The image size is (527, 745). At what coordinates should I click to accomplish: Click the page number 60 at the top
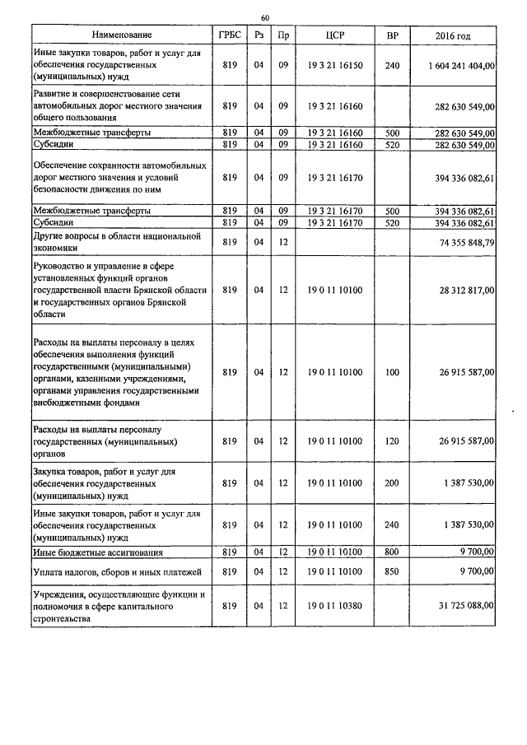(x=264, y=17)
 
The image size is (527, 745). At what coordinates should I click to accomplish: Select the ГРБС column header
(x=229, y=36)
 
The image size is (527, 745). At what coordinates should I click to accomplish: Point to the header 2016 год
(x=452, y=36)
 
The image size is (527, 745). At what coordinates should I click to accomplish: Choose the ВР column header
(x=392, y=36)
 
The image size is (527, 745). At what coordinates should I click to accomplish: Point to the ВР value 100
(x=392, y=372)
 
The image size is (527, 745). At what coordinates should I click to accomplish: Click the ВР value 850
(x=392, y=570)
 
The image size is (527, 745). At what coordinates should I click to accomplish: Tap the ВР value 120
(x=392, y=442)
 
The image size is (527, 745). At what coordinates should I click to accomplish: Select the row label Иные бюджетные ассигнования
(x=98, y=552)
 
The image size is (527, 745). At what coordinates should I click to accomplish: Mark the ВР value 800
(x=392, y=552)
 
